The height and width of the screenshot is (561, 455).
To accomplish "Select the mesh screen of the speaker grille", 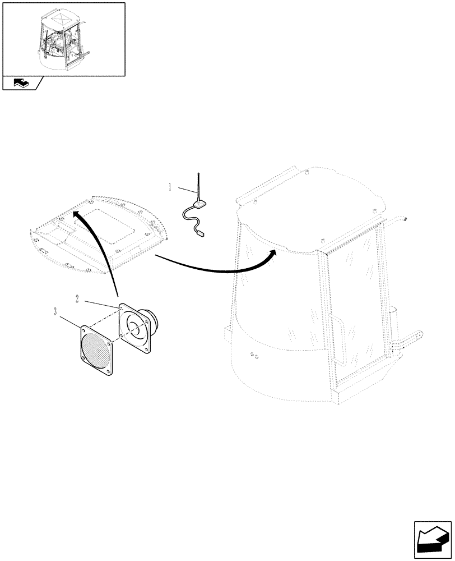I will [96, 351].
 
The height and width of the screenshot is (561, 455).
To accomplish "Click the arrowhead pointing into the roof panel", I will [77, 214].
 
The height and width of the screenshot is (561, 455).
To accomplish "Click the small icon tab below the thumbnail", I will [21, 84].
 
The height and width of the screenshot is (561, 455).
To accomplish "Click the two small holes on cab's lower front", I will [254, 355].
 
